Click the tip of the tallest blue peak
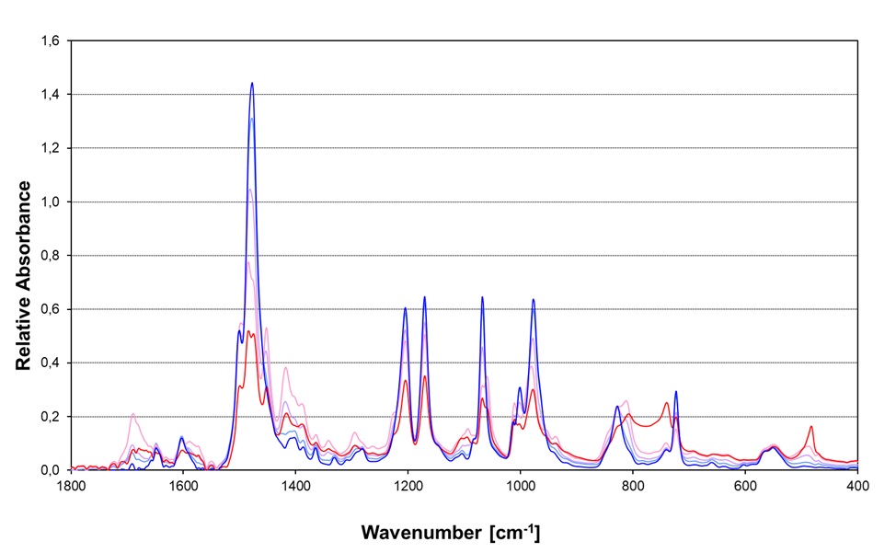(x=251, y=83)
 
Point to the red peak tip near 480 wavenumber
(x=811, y=426)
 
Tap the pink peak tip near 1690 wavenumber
(x=133, y=414)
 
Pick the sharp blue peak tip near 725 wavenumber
(x=676, y=392)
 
